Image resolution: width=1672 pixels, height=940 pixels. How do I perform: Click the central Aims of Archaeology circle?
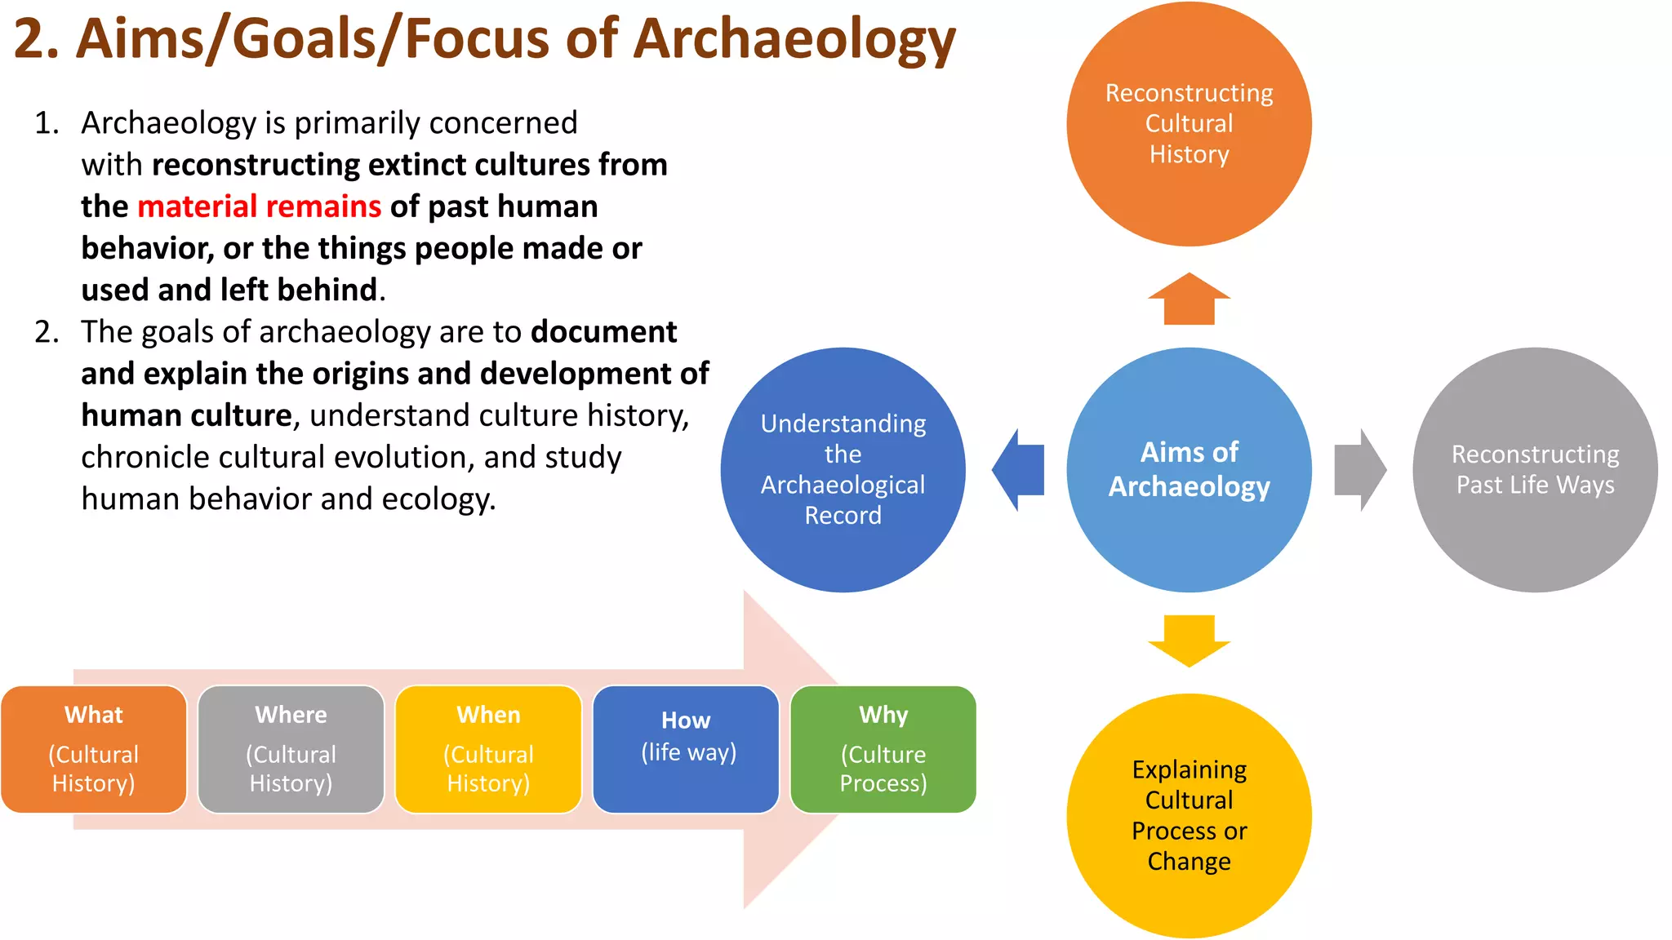click(1189, 470)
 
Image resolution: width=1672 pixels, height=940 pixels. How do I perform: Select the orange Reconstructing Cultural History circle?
click(1189, 124)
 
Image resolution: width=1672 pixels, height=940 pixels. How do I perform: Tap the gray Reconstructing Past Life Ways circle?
click(1535, 470)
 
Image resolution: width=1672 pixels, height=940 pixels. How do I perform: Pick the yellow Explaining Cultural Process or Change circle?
click(1189, 816)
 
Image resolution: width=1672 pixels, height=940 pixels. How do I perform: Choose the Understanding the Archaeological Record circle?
click(843, 470)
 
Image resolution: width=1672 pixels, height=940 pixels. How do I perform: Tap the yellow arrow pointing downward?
click(1189, 641)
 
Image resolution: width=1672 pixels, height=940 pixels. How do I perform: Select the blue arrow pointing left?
click(1019, 470)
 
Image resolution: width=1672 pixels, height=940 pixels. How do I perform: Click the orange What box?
click(94, 749)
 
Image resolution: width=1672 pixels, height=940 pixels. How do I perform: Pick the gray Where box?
click(291, 749)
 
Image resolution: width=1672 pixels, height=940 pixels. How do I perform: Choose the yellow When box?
click(488, 749)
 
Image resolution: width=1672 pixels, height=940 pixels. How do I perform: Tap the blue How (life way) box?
click(686, 749)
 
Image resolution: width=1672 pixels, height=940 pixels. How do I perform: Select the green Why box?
click(883, 749)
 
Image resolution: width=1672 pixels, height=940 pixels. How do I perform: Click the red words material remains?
click(259, 206)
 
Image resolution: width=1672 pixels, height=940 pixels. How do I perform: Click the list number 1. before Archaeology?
click(47, 123)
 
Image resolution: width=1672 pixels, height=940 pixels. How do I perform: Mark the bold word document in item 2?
click(603, 332)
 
